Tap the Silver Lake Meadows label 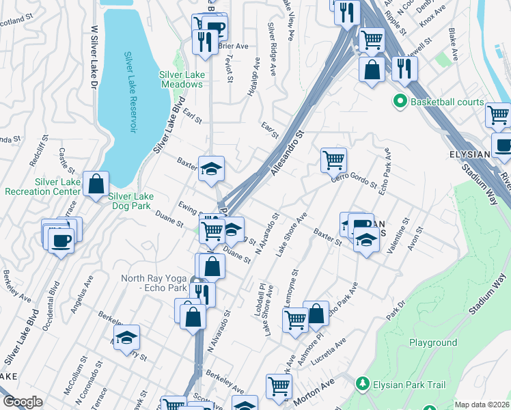[181, 79]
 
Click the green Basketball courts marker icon [400, 102]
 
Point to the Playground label [433, 342]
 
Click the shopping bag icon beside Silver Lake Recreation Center [96, 182]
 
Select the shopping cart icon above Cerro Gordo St [333, 161]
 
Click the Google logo [23, 402]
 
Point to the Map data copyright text [482, 405]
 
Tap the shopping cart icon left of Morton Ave [279, 386]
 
